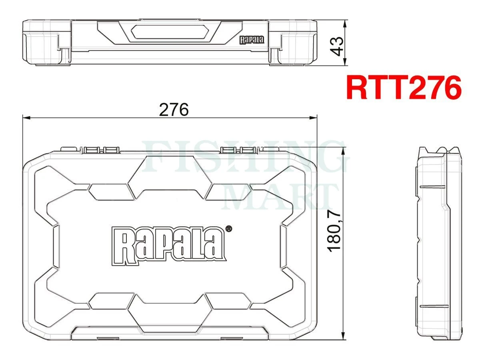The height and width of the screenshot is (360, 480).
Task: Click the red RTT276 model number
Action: [404, 88]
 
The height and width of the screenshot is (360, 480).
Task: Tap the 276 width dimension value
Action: [173, 109]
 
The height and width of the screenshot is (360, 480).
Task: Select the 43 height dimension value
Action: [338, 46]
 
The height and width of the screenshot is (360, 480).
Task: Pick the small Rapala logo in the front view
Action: [252, 40]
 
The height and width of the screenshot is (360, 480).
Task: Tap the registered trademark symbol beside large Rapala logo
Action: [229, 229]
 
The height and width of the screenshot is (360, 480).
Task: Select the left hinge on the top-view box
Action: [100, 150]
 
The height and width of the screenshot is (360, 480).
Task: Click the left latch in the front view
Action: [45, 49]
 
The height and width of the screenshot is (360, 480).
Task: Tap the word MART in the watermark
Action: [280, 197]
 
